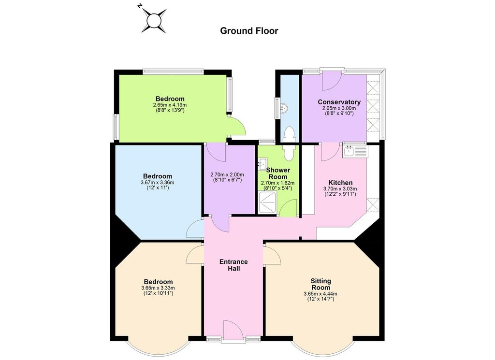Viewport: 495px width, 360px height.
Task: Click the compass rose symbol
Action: (154, 21)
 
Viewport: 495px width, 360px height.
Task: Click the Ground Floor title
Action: (249, 31)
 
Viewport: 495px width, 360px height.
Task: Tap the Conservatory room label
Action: (339, 102)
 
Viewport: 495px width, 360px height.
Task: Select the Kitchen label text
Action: (340, 183)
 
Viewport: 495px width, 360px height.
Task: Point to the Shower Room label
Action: (278, 173)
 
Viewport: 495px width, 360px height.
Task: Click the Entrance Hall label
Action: (233, 265)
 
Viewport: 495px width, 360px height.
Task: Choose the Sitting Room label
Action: (321, 284)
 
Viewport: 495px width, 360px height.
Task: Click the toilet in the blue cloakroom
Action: (290, 134)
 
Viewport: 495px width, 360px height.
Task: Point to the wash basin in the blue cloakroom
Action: (285, 108)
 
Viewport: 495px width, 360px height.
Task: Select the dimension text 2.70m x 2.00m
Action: (227, 175)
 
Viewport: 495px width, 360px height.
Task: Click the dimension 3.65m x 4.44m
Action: (321, 294)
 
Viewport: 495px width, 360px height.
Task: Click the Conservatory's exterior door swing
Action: (332, 80)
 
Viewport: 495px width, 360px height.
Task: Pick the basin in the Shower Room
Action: (262, 164)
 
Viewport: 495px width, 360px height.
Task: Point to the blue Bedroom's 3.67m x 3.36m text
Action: (158, 182)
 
